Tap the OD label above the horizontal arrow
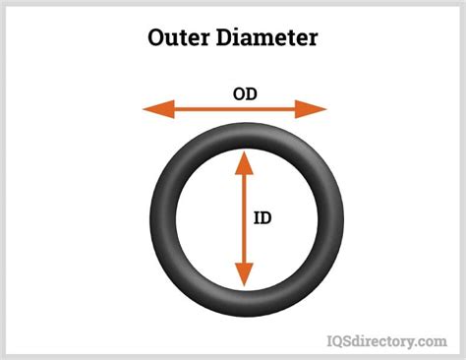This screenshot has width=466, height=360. click(x=246, y=95)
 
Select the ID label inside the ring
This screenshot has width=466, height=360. click(x=262, y=216)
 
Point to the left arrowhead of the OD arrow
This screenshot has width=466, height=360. click(x=153, y=109)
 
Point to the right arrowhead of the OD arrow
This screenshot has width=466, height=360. click(x=317, y=109)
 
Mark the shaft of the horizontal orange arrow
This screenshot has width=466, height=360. click(x=235, y=109)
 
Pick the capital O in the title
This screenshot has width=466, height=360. click(x=158, y=38)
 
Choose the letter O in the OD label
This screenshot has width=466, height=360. click(x=239, y=95)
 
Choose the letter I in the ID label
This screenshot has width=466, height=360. click(x=257, y=216)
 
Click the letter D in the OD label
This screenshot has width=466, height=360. click(x=253, y=95)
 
